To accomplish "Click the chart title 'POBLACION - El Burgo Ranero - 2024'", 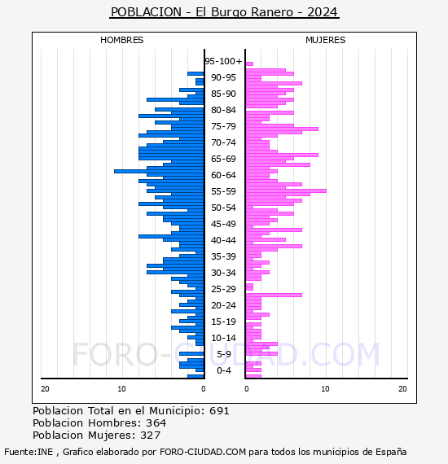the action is coord(224,12).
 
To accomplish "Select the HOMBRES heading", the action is coord(121,40).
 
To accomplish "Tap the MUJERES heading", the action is coord(326,40).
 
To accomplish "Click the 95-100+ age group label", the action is coord(223,61).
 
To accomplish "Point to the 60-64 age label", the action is coord(223,175).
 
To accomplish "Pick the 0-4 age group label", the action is coord(224,370).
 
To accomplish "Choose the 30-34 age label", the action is coord(223,273).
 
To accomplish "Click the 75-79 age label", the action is coord(223,126).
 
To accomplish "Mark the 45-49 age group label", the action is coord(223,224).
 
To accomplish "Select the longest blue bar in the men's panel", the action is coord(159,171).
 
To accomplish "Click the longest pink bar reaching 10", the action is coord(286,190).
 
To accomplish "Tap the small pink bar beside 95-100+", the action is coord(249,64).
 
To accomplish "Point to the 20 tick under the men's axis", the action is coord(45,389).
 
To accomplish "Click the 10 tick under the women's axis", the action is coord(325,389).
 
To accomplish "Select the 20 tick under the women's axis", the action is coord(402,389).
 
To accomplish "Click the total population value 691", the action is coord(219,411).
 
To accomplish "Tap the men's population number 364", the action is coord(156,423).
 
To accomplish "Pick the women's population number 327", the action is coord(151,436).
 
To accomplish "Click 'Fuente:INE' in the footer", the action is coord(29,452).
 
